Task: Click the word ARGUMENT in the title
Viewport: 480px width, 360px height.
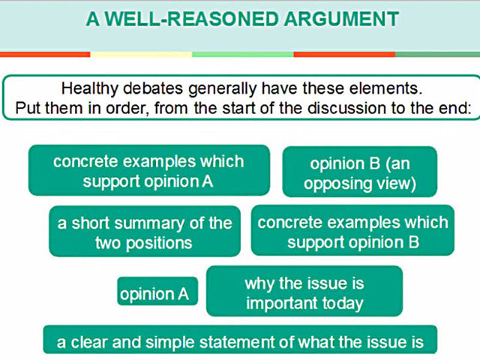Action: (x=341, y=19)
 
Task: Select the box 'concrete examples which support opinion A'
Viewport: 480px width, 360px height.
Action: (x=149, y=170)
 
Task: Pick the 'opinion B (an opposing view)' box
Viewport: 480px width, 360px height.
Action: (x=360, y=172)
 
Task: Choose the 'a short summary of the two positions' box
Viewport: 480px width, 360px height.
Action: (x=145, y=231)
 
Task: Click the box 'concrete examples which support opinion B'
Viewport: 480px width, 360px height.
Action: (x=352, y=230)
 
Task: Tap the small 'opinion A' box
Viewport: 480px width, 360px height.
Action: (x=157, y=291)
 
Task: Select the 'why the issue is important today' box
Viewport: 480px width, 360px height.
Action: (x=304, y=291)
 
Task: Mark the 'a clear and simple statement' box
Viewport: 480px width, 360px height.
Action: (x=240, y=340)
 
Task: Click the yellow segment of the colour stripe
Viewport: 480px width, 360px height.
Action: (x=141, y=55)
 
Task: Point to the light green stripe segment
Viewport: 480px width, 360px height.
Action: (x=243, y=55)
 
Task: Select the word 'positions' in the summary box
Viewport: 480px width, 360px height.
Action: (x=159, y=244)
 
